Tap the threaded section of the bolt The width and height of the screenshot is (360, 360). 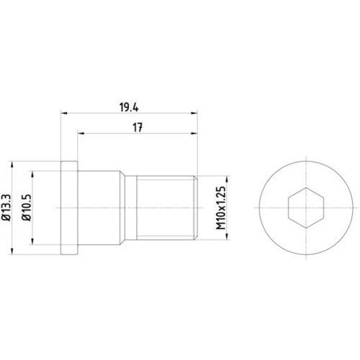pos(166,206)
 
